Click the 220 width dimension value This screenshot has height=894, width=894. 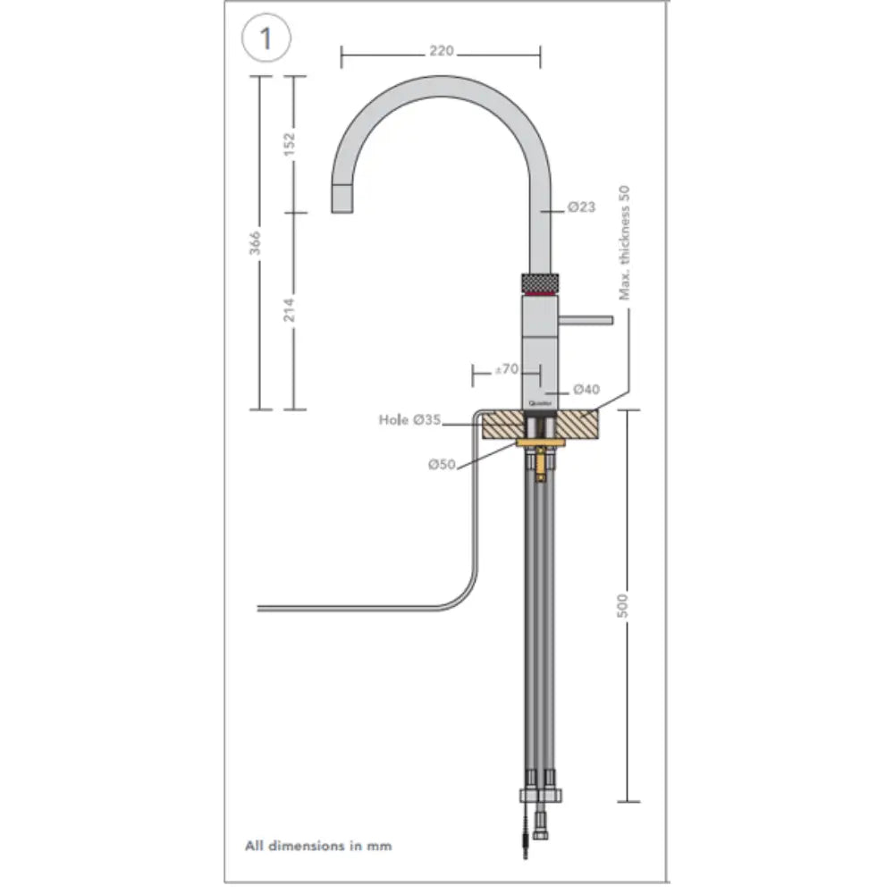click(x=441, y=51)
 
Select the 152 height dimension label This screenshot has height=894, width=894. click(x=289, y=142)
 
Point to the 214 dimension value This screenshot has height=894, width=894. click(x=289, y=309)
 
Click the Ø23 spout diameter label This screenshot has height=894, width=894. click(x=581, y=207)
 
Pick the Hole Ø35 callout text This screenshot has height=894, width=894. click(x=409, y=420)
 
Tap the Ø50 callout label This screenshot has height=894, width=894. click(x=442, y=464)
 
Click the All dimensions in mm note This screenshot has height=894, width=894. click(x=318, y=844)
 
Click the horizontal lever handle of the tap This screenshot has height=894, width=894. click(x=586, y=319)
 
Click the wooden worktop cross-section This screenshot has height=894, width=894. click(x=581, y=425)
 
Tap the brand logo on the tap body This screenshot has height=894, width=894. click(x=540, y=404)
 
